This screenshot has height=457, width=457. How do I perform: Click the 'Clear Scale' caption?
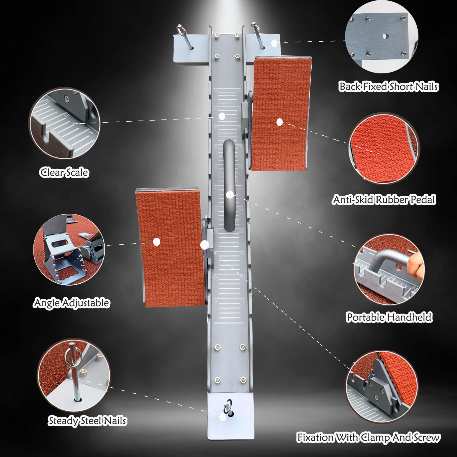tap(64, 173)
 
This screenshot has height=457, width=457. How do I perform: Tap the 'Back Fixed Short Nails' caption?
tap(388, 86)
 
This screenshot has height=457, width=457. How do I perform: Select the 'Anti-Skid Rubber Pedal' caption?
tap(384, 199)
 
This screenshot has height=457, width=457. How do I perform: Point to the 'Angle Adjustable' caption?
tap(71, 303)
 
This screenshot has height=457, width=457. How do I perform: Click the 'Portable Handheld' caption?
tap(389, 317)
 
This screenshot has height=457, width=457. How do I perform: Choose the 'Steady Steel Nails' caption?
tap(87, 421)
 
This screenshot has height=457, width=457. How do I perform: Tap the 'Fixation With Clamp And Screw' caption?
tap(368, 438)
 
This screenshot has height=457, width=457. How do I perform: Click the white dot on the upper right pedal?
tap(280, 122)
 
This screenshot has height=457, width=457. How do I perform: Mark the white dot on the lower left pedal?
tap(157, 242)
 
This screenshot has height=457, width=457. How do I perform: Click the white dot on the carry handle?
tap(230, 195)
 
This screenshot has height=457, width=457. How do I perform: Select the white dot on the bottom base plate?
tap(223, 417)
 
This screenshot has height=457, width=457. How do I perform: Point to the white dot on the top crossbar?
tap(274, 43)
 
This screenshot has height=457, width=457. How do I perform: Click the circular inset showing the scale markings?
tap(65, 123)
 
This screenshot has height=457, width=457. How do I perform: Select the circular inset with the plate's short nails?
tap(382, 37)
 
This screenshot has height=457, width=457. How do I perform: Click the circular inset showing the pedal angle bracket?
tap(69, 250)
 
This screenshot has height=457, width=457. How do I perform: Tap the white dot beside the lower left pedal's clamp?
tap(205, 245)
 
